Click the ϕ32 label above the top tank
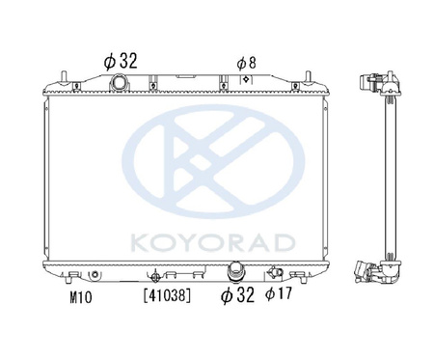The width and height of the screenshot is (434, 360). (121, 61)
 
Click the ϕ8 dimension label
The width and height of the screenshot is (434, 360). (247, 63)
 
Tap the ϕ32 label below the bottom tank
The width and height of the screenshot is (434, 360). (237, 294)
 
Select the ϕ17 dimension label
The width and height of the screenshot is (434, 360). (279, 293)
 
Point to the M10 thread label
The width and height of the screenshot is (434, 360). (81, 297)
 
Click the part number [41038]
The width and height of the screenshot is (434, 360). (167, 295)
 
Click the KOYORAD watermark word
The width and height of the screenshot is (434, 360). (213, 243)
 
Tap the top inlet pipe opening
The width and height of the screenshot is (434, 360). (119, 82)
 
